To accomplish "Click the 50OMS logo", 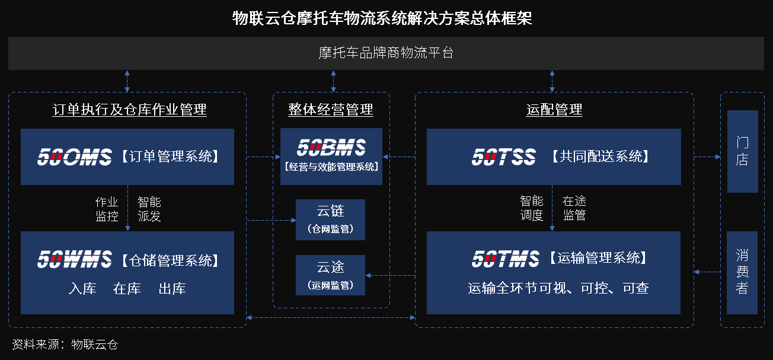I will [74, 157].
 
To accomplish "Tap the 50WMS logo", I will [74, 259].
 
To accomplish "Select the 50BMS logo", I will [331, 148].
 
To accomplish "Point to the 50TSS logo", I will [503, 157].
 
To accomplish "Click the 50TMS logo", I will [506, 259].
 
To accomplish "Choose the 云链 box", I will [330, 219].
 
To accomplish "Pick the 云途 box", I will [330, 275].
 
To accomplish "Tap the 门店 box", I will [742, 151].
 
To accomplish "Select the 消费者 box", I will [742, 272].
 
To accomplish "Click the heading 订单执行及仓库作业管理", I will [129, 110].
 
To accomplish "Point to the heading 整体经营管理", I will [331, 110].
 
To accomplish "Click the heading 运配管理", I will [554, 110].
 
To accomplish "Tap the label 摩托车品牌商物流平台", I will [386, 53].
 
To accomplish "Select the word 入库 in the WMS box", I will [82, 289].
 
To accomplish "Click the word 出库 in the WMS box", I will [172, 289].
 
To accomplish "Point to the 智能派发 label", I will [149, 209].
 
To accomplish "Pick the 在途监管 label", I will [574, 208].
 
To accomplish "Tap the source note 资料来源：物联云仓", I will [65, 344].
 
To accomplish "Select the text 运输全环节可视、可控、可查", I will [558, 288].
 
